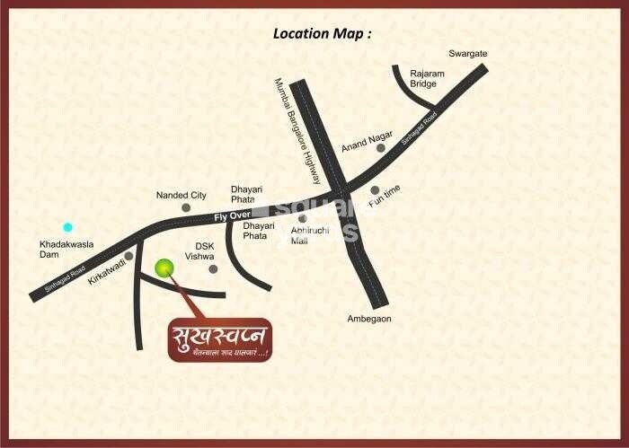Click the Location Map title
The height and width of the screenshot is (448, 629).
(x=322, y=34)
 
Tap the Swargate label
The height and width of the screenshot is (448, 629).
(x=468, y=54)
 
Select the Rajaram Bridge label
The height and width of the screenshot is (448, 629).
(x=423, y=78)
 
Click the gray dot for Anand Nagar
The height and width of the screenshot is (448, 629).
(x=381, y=147)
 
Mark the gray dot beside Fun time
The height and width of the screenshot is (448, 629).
(x=375, y=189)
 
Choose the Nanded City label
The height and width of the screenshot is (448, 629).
(x=181, y=195)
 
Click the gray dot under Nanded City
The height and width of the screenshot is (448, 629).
(x=186, y=207)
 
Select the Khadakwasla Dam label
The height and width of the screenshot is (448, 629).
(x=62, y=249)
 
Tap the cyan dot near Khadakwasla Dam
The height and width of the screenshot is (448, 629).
(x=67, y=228)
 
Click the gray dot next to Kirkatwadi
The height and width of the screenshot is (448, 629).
(x=129, y=256)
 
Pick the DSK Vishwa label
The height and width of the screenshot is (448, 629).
(x=199, y=250)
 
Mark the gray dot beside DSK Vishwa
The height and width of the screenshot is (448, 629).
(x=213, y=268)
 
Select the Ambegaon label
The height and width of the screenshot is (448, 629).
(x=369, y=319)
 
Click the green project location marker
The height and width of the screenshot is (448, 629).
(x=164, y=268)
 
